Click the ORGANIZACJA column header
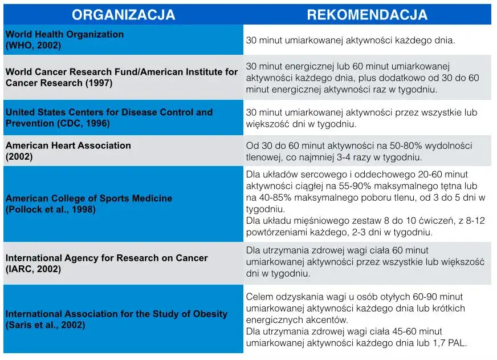124,15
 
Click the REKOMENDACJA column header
367,15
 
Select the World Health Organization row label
64,34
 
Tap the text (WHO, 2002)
33,45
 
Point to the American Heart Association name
68,145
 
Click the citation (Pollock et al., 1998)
51,209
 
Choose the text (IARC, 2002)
33,269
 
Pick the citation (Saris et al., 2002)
46,325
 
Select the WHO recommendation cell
350,41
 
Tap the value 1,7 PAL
446,343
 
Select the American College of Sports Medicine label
89,199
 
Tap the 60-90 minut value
436,297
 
